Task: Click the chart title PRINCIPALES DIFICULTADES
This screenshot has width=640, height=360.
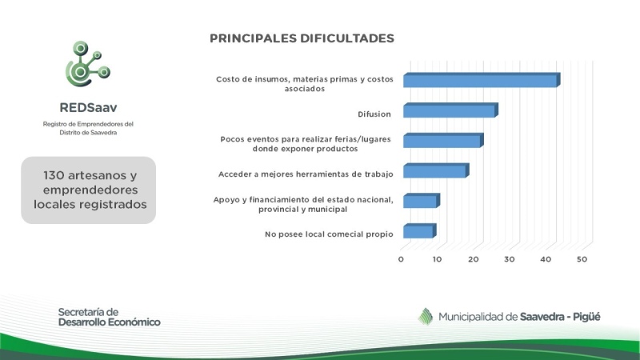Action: pyautogui.click(x=302, y=38)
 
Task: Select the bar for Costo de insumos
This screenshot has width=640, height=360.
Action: pyautogui.click(x=482, y=80)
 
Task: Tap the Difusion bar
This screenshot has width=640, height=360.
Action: pyautogui.click(x=450, y=110)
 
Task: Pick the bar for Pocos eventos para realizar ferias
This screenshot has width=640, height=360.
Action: pyautogui.click(x=443, y=141)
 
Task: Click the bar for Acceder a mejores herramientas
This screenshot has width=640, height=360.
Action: pyautogui.click(x=436, y=170)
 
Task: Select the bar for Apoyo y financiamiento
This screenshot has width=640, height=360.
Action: pyautogui.click(x=422, y=201)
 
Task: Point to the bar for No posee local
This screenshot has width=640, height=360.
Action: pyautogui.click(x=419, y=231)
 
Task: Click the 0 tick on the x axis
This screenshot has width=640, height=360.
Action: pyautogui.click(x=401, y=259)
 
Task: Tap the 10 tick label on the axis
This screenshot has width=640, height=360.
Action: pyautogui.click(x=437, y=259)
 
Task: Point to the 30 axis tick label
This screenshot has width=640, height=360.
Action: pyautogui.click(x=510, y=259)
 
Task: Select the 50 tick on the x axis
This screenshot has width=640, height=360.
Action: pyautogui.click(x=582, y=259)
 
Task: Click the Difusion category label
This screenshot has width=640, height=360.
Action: pyautogui.click(x=374, y=114)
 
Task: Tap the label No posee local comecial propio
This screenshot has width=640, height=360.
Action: pyautogui.click(x=329, y=234)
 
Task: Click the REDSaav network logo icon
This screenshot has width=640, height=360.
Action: pyautogui.click(x=88, y=64)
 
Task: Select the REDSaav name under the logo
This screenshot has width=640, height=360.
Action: pyautogui.click(x=88, y=108)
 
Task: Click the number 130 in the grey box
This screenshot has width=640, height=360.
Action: pyautogui.click(x=54, y=175)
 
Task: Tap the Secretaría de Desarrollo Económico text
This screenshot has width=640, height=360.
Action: pyautogui.click(x=109, y=317)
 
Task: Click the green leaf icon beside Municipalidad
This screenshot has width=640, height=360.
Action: pyautogui.click(x=426, y=316)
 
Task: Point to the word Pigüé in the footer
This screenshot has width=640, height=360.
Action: pyautogui.click(x=586, y=317)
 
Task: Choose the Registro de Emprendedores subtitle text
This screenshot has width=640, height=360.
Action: pyautogui.click(x=88, y=128)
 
